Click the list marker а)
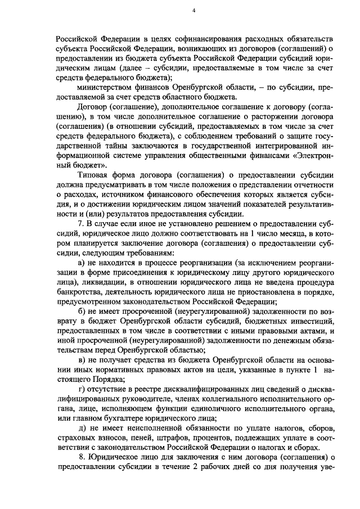(x=81, y=262)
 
